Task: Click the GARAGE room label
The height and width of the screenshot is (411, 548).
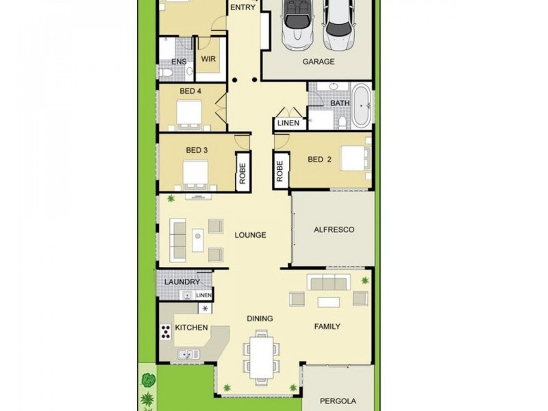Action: [x=319, y=62]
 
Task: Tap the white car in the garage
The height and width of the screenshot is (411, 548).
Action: [x=337, y=26]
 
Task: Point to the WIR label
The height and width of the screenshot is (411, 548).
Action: [x=209, y=60]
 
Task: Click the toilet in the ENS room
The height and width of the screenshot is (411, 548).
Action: [x=166, y=71]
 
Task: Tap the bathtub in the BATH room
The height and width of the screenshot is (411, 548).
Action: [x=362, y=106]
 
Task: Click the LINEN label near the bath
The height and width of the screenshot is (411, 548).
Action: [x=288, y=124]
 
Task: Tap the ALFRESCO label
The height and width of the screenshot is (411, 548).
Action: [x=334, y=229]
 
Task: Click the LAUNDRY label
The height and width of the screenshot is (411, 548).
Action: [x=182, y=282]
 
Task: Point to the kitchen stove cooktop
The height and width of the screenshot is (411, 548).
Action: [x=166, y=332]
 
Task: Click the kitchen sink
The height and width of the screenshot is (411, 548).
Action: [x=188, y=354]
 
